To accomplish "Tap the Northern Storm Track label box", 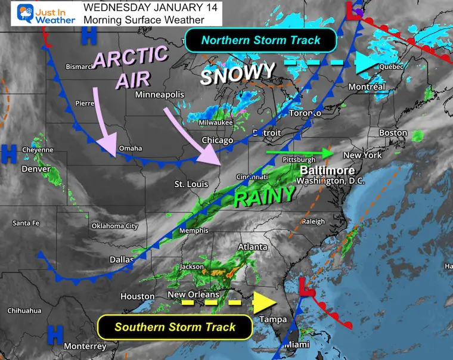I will tap(260, 41).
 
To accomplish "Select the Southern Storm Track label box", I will tap(175, 326).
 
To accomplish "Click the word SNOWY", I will tap(237, 74).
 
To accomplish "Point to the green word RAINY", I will tap(264, 195).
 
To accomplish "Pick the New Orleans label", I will tap(193, 294).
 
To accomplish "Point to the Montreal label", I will tap(367, 87).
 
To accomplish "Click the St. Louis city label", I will tap(191, 184).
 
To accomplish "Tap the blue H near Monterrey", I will tap(55, 334).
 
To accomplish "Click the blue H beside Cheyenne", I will tap(9, 153).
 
